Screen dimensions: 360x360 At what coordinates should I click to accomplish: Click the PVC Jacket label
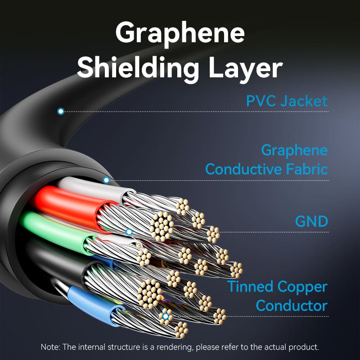(x=287, y=101)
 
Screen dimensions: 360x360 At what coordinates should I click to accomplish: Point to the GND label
(x=311, y=221)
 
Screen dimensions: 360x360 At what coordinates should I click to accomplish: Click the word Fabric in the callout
(x=306, y=170)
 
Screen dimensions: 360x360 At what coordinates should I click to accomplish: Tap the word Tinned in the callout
(x=250, y=286)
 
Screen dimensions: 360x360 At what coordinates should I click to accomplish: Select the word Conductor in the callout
(x=291, y=306)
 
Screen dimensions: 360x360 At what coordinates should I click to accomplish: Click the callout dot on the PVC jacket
(x=61, y=111)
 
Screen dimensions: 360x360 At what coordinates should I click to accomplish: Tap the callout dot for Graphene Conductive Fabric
(x=106, y=180)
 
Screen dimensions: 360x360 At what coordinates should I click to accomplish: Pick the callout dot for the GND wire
(x=129, y=232)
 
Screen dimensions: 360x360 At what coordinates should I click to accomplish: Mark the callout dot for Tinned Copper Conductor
(x=166, y=316)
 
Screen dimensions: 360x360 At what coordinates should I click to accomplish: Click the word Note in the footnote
(x=49, y=347)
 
